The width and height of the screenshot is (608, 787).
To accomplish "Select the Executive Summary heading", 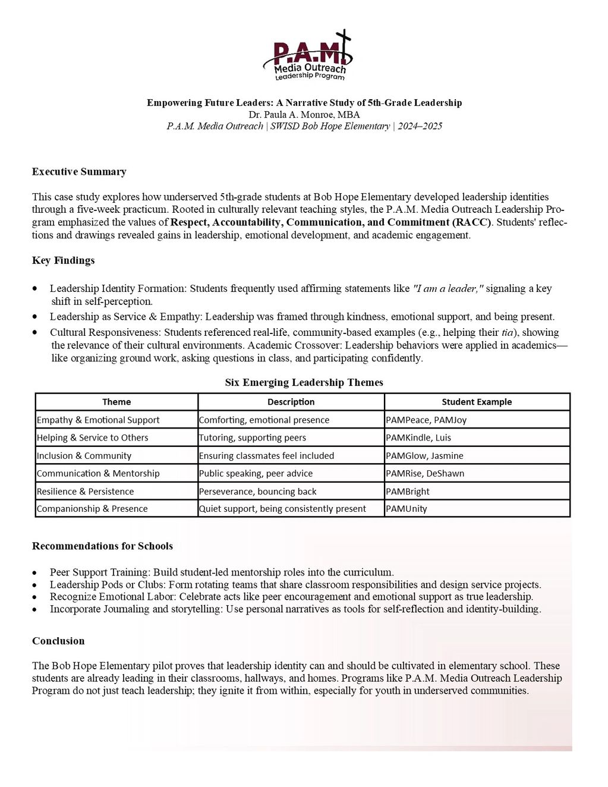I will pos(79,172).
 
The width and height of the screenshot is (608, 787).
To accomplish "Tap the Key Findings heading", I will pos(63,260).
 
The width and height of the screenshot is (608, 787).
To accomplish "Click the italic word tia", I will pos(507,332).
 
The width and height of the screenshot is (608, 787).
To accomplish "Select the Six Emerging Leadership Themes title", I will pos(304,382).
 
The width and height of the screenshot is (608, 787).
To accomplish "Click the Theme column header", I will pos(116,402).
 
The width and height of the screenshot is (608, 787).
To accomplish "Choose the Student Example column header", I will pos(477,402).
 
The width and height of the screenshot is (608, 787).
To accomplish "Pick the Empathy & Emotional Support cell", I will pos(98,420).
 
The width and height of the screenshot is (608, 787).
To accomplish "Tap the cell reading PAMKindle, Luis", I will pos(418,437).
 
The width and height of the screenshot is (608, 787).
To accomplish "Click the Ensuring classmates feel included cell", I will pos(266,456).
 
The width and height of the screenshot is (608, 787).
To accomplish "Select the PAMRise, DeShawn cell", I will pos(425,474).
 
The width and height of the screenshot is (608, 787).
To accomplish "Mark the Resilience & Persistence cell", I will pos(85,492).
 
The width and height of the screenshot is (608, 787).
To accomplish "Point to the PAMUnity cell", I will pos(407,509).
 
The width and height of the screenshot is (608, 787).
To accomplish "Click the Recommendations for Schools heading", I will pos(102,546).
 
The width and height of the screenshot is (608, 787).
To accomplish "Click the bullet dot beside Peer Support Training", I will pos(35,573).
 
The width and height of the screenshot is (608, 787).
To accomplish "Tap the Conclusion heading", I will pos(58,641).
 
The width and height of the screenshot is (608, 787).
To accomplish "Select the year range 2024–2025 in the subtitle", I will pos(420,126).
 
